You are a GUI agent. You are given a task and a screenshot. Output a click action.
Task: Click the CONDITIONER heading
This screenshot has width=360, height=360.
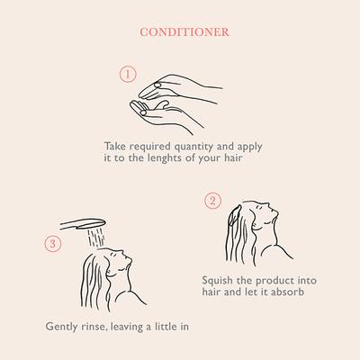point(184,31)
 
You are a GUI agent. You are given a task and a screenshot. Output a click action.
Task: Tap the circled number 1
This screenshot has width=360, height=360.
point(129,74)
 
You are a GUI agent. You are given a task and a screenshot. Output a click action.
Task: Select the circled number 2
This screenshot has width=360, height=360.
point(212,200)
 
